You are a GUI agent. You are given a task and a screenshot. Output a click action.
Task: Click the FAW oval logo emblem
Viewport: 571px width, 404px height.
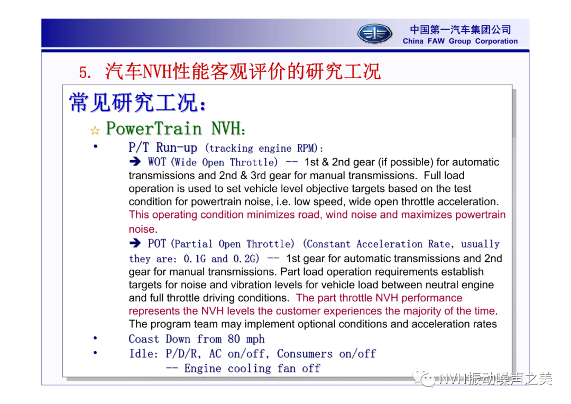click(374, 34)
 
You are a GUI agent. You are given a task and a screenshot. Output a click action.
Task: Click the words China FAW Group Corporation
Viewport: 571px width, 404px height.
click(460, 41)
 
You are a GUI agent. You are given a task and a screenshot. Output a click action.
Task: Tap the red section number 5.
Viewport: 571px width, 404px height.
click(85, 72)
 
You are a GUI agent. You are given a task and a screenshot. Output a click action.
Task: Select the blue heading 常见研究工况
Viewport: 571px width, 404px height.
click(134, 103)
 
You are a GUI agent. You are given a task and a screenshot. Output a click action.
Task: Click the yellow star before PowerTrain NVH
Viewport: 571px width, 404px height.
click(95, 131)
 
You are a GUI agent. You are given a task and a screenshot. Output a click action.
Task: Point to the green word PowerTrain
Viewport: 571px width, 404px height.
click(154, 128)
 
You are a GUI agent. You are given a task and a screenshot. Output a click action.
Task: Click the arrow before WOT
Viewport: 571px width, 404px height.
click(135, 161)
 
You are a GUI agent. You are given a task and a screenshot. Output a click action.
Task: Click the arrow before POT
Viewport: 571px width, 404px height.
click(135, 243)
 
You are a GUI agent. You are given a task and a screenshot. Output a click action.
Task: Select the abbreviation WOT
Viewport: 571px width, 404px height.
click(156, 162)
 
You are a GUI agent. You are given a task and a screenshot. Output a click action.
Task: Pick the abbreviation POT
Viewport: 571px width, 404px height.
click(156, 243)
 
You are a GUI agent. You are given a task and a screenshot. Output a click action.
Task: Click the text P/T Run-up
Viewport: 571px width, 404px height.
click(163, 148)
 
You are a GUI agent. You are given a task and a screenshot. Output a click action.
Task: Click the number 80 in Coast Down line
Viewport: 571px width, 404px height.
click(234, 339)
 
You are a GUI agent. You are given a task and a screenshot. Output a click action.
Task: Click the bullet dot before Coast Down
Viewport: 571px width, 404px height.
click(95, 338)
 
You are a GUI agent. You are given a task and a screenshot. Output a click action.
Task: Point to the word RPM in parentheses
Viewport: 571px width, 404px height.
click(306, 148)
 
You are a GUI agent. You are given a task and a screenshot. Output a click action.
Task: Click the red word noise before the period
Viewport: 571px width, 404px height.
click(141, 229)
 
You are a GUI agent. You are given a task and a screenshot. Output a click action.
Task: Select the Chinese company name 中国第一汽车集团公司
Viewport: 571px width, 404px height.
click(461, 29)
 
